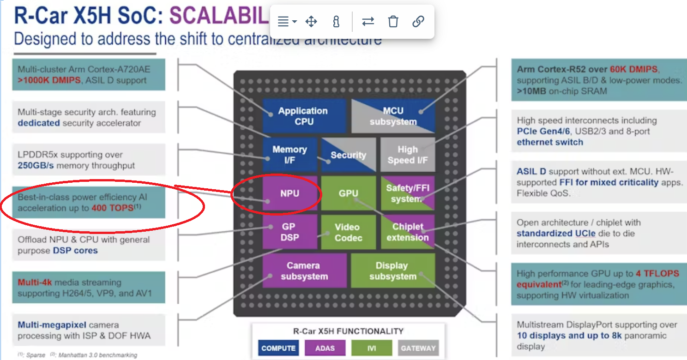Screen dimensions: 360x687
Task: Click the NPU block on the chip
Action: pos(289,194)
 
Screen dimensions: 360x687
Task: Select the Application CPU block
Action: pos(303,116)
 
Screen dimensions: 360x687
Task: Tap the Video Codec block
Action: pos(347,232)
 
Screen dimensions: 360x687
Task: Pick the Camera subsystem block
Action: pos(304,271)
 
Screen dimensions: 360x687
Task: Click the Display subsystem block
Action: pos(392,271)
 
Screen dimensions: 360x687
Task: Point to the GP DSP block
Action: pos(289,232)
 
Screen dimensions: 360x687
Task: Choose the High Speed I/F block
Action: pos(407,155)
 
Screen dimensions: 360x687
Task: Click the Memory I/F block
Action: pos(289,155)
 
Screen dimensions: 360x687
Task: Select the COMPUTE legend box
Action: pos(278,348)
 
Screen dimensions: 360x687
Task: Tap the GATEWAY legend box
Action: pos(418,348)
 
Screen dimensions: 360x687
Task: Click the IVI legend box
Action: pos(372,348)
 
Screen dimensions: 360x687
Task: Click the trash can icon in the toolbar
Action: pos(393,21)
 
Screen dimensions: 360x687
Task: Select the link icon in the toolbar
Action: pos(418,21)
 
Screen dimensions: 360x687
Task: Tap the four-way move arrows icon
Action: pos(311,21)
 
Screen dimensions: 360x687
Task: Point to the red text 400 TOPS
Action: pos(112,208)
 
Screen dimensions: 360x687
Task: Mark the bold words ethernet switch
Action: pos(550,142)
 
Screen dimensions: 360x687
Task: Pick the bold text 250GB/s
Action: pos(38,166)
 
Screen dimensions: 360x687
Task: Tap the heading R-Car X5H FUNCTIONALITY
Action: pos(348,331)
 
